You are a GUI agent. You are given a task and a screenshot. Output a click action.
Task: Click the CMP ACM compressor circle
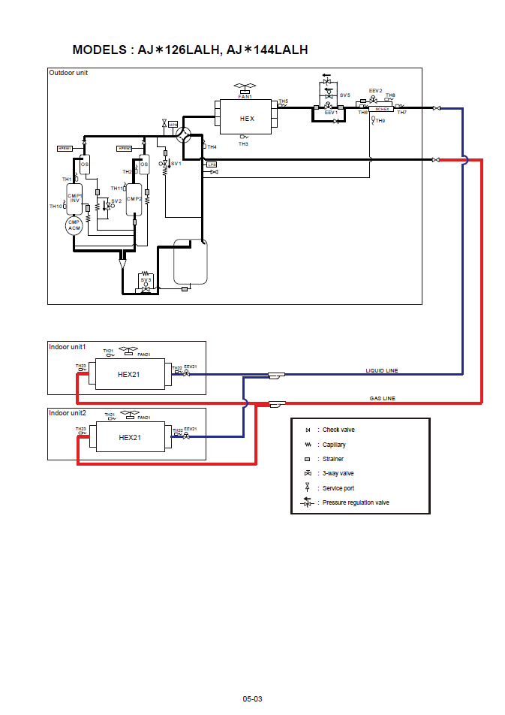point(74,225)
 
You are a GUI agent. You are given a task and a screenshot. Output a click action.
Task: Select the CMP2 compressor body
point(134,199)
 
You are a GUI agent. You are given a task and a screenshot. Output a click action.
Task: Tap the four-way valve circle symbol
point(184,136)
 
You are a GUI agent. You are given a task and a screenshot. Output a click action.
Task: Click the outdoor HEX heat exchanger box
point(247,119)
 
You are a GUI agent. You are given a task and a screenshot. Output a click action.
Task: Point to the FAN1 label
point(245,97)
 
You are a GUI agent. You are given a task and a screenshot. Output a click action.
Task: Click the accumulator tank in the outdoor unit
point(190,262)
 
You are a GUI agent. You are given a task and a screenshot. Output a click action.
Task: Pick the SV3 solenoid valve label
point(146,279)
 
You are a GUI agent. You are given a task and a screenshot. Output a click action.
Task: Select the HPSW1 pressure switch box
point(65,149)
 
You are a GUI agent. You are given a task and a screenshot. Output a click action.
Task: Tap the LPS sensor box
point(212,164)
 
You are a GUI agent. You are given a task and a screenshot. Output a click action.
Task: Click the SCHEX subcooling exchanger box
point(383,110)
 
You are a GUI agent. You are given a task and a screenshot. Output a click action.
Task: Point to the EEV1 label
point(331,113)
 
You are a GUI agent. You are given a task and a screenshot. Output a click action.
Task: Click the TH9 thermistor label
point(380,121)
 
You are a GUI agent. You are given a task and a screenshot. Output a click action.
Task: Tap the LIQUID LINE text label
point(381,370)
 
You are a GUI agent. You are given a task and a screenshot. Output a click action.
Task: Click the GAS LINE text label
point(382,398)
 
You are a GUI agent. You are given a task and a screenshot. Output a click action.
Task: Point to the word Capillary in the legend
point(334,445)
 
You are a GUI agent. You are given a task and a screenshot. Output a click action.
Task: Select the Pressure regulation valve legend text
point(356,502)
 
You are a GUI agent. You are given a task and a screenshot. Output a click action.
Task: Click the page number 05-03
point(252,699)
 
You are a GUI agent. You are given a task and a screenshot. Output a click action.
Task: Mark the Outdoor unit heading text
point(68,73)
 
